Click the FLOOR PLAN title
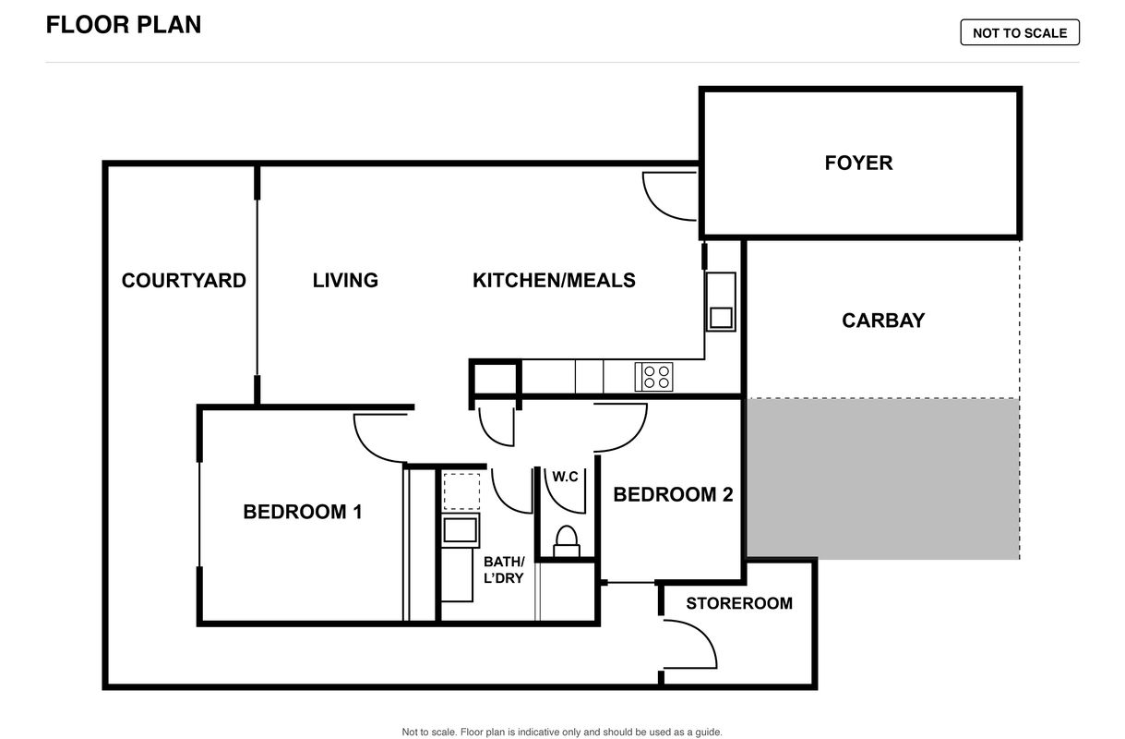click(x=124, y=25)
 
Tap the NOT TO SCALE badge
click(x=1020, y=32)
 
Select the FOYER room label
click(x=859, y=163)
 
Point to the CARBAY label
click(x=883, y=321)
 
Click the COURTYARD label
click(x=184, y=281)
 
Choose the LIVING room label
click(x=345, y=281)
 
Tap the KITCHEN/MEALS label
click(x=554, y=281)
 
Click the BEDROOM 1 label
click(x=303, y=512)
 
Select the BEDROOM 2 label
click(x=673, y=495)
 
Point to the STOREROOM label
click(x=739, y=603)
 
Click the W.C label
click(x=565, y=477)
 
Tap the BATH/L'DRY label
click(x=504, y=570)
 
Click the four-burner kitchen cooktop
click(x=654, y=377)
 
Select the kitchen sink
click(x=721, y=302)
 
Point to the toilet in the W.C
click(x=567, y=542)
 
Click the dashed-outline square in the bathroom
click(x=461, y=491)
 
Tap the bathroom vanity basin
click(x=460, y=530)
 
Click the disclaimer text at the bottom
click(x=562, y=732)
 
